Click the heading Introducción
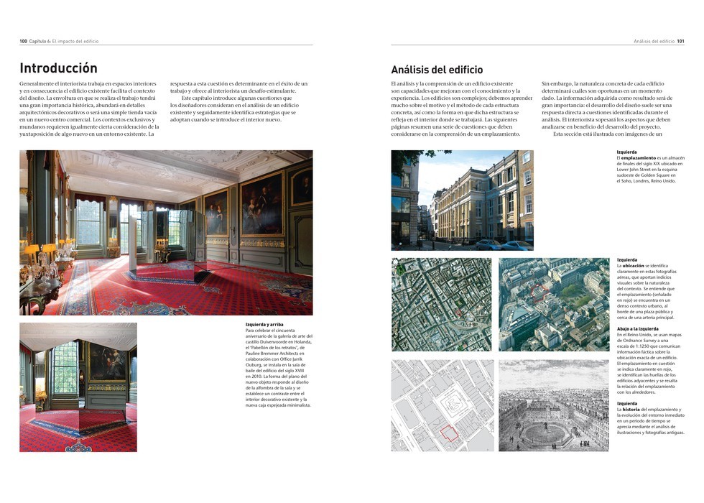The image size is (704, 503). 58,69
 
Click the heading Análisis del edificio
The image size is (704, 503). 437,70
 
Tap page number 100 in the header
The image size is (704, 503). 23,42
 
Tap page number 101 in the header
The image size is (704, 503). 680,42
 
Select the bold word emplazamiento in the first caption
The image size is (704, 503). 639,157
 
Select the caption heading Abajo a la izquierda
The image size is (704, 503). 638,329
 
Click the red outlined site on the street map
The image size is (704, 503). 448,433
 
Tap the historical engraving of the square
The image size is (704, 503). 553,405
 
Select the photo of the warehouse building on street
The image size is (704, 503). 462,199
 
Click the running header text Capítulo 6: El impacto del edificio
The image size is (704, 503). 63,42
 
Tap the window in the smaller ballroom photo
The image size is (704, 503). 65,366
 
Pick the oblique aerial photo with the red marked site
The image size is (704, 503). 553,304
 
